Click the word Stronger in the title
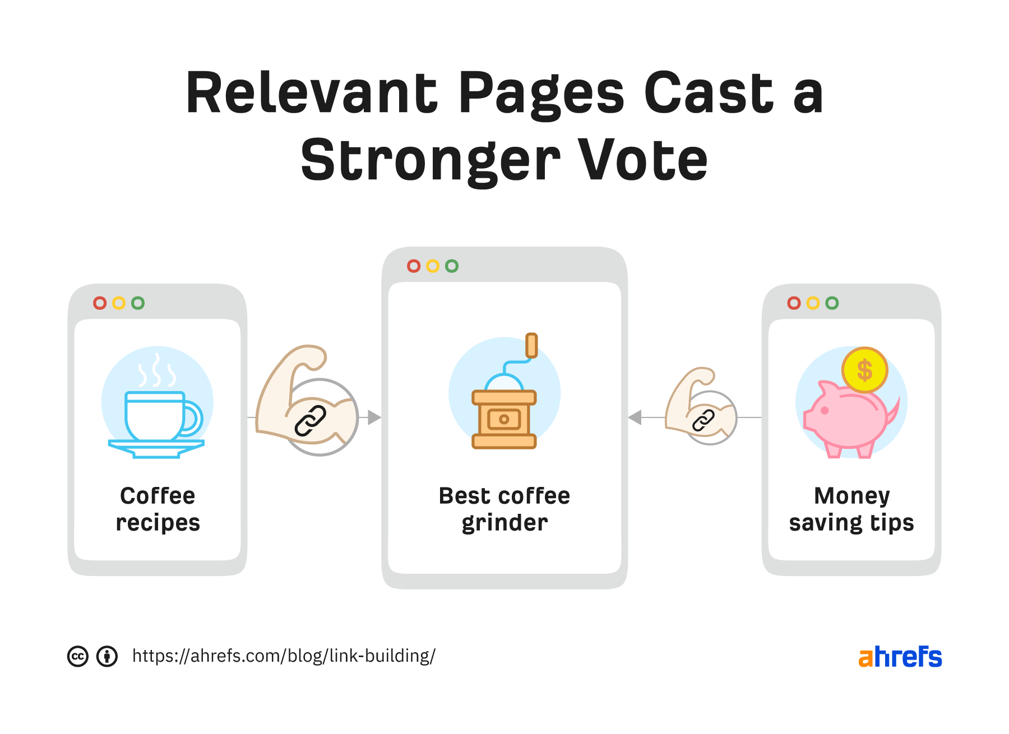coord(430,161)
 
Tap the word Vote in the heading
coord(643,161)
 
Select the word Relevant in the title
coord(311,93)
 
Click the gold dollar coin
coord(864,370)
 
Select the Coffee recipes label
coord(158,509)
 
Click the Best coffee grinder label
coord(504,509)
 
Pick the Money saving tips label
coord(851,509)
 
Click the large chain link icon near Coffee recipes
coord(311,421)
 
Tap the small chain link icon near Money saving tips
coord(703,420)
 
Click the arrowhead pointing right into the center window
coord(374,417)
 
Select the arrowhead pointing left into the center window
coord(635,417)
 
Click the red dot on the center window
coord(414,266)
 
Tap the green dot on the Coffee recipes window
coord(138,303)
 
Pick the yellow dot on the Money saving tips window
coord(813,303)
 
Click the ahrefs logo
coord(900,657)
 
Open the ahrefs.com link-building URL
coord(284,656)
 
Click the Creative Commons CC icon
coord(78,656)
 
